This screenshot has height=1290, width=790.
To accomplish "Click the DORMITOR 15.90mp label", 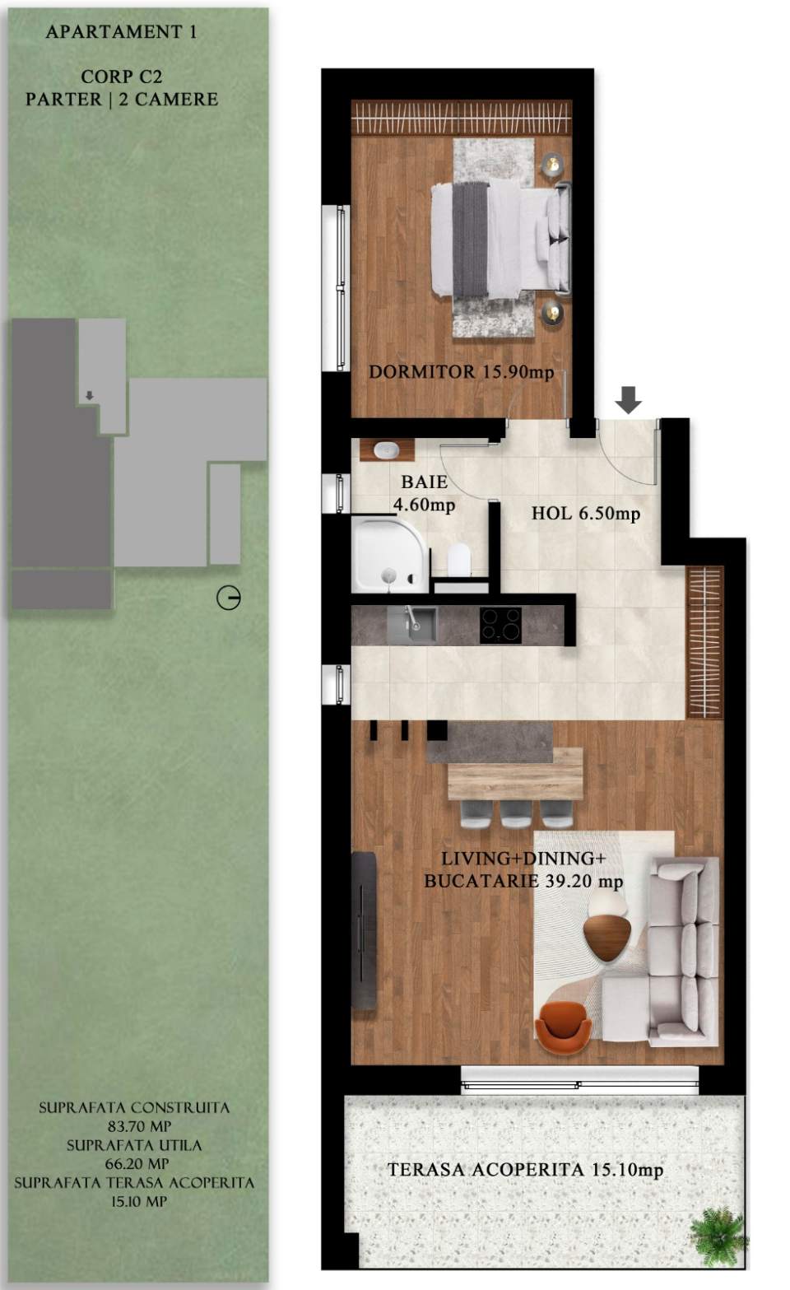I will (461, 372).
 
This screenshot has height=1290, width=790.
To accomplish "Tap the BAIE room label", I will (424, 482).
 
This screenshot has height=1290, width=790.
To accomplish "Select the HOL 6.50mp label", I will (585, 514).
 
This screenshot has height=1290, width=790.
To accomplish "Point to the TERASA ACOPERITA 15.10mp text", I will (525, 1170).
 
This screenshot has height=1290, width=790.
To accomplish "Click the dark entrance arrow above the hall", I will (629, 400).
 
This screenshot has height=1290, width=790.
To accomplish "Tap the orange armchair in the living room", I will (563, 1026).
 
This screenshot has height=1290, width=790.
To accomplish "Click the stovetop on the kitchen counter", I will (500, 625).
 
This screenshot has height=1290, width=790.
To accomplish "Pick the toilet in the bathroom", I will (459, 560).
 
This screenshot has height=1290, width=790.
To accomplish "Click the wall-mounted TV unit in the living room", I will (364, 930).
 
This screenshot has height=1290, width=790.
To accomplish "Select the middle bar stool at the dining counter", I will (516, 813).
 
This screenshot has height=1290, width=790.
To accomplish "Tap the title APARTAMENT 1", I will (121, 32).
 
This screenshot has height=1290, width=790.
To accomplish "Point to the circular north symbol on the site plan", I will (229, 598).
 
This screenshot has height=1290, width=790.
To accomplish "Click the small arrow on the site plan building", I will (90, 396).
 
